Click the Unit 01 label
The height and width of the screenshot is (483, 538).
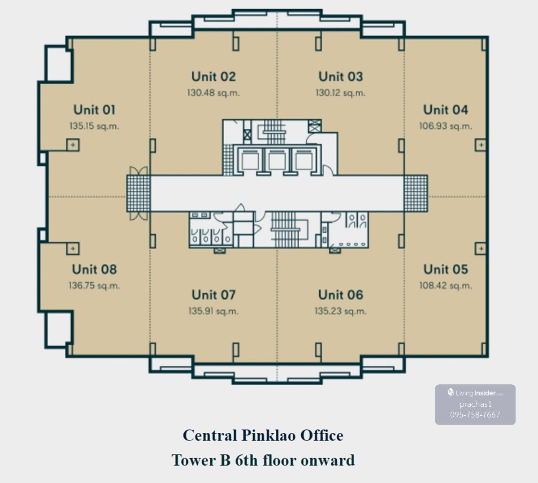[94, 110]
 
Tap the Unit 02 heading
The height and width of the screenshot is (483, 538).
[213, 77]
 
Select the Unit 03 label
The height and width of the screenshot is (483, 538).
[340, 77]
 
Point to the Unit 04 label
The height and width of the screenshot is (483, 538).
[445, 110]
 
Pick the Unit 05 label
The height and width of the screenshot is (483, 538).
[446, 269]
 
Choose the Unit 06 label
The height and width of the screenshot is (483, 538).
[340, 295]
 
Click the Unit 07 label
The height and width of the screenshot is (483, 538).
[213, 295]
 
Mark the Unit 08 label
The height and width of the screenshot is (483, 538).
[94, 269]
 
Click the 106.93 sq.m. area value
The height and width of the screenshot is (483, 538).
[446, 126]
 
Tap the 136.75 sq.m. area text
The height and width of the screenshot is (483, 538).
[94, 286]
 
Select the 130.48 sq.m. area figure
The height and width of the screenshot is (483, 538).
[213, 93]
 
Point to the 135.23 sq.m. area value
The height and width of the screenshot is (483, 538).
[340, 311]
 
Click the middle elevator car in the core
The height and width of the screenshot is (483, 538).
[277, 160]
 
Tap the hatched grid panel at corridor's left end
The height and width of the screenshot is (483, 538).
[139, 193]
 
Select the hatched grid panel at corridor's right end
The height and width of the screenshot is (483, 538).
[416, 193]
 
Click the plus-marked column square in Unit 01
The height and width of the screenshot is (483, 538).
[73, 145]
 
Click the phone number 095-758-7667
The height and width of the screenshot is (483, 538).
[475, 415]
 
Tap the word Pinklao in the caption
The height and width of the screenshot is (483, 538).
[269, 435]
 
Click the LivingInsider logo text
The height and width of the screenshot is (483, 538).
[475, 393]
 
